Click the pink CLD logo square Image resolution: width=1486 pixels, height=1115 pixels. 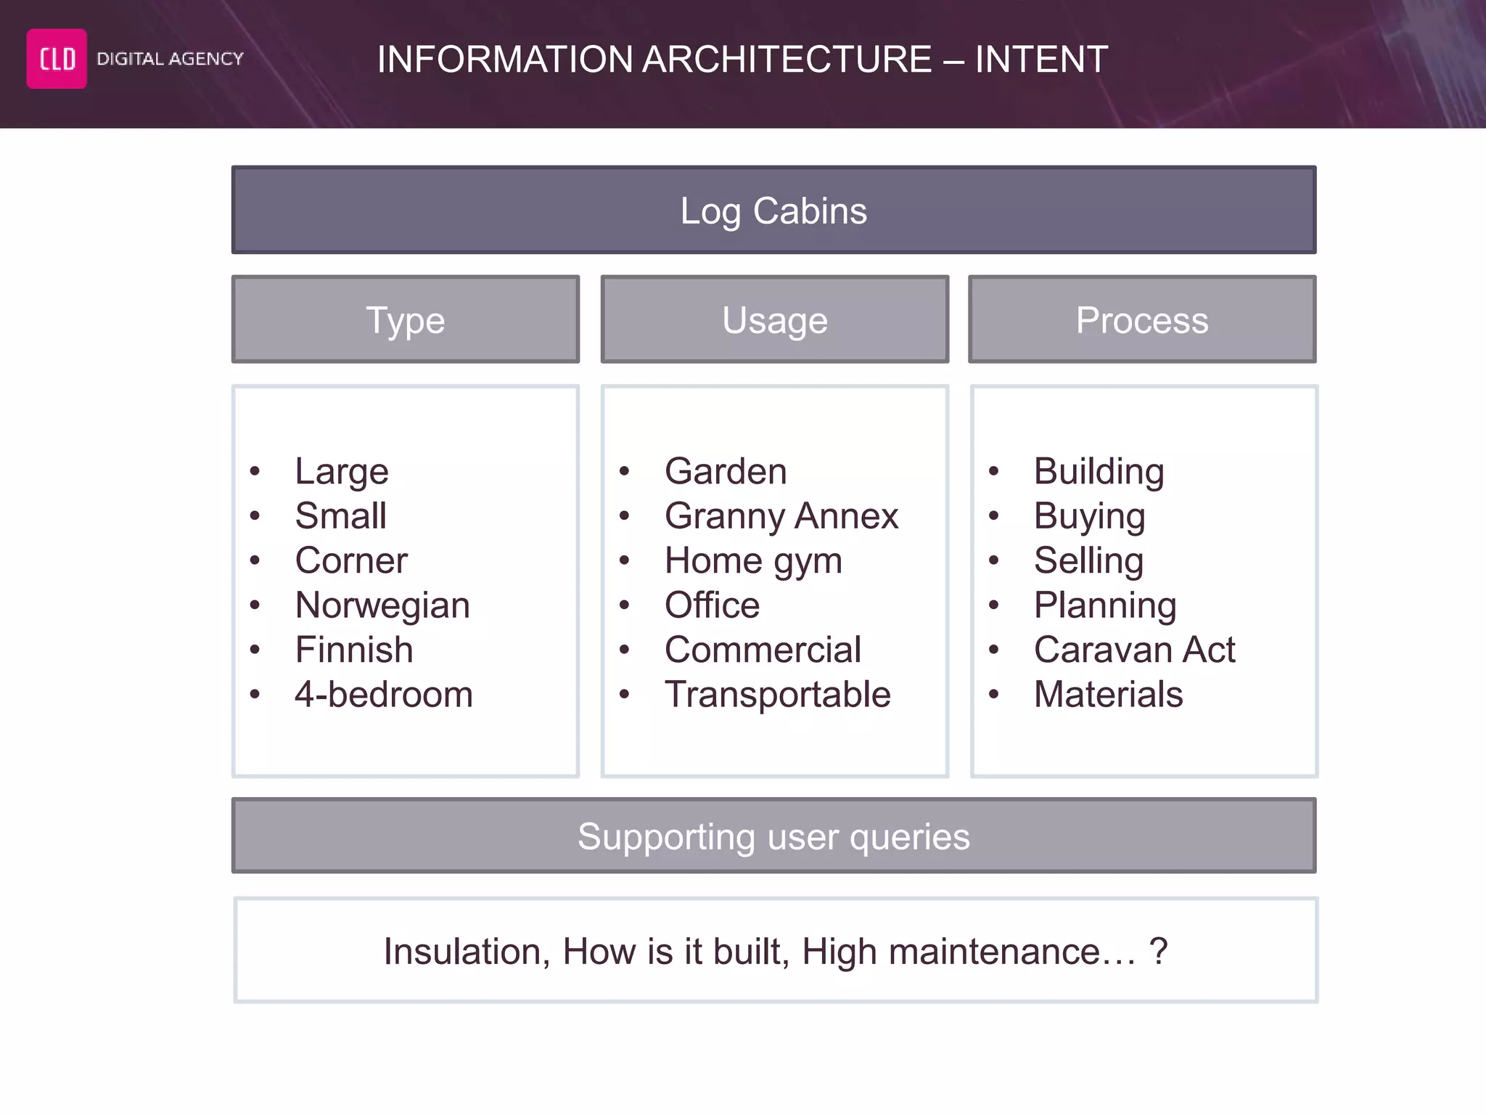(57, 59)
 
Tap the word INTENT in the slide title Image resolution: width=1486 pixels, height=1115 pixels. (1041, 60)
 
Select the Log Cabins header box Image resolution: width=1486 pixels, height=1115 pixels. (773, 211)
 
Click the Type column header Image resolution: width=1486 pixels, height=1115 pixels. (405, 319)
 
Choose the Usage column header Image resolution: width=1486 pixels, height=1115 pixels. (774, 319)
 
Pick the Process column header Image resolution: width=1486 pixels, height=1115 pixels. (1142, 319)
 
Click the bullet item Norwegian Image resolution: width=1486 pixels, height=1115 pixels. (382, 605)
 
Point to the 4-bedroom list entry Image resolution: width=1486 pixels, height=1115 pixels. (384, 695)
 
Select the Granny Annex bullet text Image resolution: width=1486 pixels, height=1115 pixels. (781, 516)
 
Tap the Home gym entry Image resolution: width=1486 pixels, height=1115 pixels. (753, 561)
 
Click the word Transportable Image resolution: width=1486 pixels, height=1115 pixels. (777, 695)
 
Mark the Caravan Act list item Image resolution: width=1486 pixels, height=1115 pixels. (1134, 650)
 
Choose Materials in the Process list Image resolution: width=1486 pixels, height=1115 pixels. (1108, 695)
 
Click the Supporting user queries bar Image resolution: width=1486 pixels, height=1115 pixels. (773, 836)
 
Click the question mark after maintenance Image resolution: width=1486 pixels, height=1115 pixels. (1159, 952)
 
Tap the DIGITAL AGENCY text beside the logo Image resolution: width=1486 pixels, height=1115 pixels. (170, 59)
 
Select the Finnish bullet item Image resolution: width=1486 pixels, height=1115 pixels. (354, 650)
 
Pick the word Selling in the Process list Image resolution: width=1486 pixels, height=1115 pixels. (1088, 561)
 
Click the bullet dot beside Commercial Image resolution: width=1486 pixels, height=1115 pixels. (624, 650)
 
